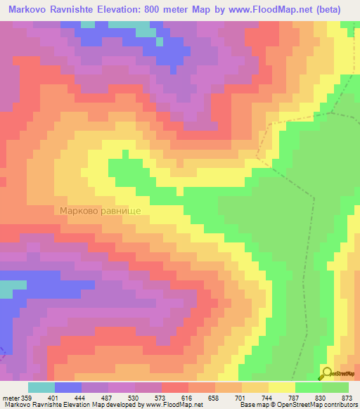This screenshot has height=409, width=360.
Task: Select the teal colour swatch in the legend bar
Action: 41,388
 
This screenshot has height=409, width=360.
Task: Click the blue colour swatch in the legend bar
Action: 67,388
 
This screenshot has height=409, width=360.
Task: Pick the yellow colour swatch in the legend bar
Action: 281,388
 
